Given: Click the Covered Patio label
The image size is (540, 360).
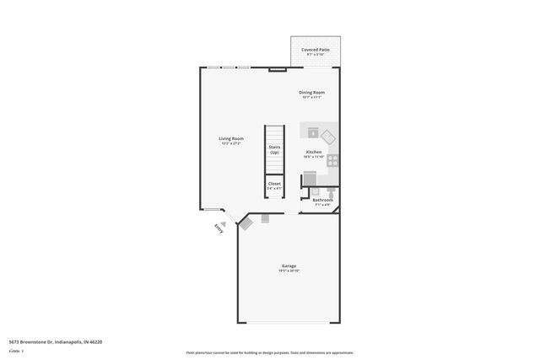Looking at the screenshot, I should (x=316, y=50).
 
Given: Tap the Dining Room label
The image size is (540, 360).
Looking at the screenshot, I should (x=312, y=92).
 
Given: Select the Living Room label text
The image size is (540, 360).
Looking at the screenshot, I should (x=231, y=138).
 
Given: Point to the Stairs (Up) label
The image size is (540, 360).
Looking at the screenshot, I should (x=274, y=149).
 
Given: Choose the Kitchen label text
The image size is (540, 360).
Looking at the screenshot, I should (x=313, y=152).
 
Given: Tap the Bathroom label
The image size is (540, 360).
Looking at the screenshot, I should (x=322, y=200).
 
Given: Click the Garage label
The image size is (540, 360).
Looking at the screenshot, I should (x=289, y=265).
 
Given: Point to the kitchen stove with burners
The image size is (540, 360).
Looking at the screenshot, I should (x=333, y=159).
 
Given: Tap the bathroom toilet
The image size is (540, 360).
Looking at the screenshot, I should (x=332, y=192).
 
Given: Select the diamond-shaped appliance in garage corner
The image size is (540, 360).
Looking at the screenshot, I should (x=246, y=223).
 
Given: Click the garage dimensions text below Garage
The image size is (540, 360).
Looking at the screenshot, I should (x=289, y=271).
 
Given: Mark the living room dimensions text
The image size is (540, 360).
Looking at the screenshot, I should (x=231, y=144).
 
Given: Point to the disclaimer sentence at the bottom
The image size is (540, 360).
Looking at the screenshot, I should (x=270, y=352).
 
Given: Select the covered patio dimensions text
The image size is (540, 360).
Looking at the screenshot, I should (x=316, y=55).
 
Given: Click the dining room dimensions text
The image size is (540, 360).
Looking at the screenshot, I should (x=312, y=97).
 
